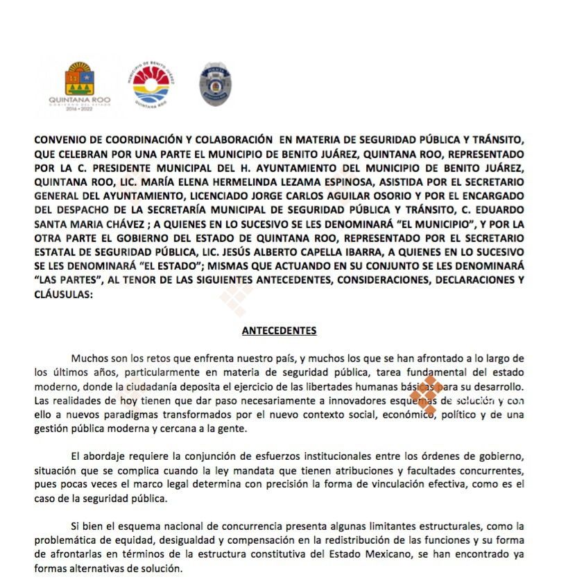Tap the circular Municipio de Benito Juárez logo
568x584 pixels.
tap(151, 84)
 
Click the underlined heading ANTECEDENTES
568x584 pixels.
tap(279, 331)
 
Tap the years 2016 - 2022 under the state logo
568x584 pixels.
tap(79, 110)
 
